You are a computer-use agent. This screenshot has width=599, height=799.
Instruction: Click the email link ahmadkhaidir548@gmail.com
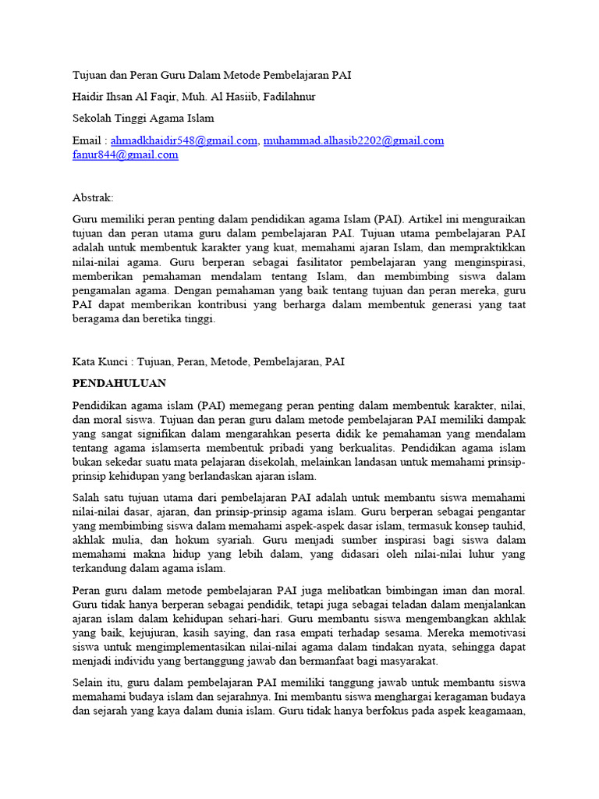[184, 140]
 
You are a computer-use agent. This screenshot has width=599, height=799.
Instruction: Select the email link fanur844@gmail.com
[125, 154]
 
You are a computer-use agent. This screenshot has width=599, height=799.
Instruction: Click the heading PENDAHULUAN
[119, 384]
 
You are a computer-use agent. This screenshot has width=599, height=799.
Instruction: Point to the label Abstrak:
[93, 198]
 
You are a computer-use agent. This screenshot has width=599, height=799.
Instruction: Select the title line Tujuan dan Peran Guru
[211, 75]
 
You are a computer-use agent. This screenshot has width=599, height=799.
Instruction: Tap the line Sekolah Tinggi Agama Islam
[143, 119]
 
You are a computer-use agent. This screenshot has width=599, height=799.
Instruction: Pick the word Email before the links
[87, 140]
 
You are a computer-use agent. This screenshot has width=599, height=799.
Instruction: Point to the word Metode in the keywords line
[228, 362]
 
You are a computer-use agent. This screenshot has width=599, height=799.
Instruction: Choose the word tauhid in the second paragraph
[508, 527]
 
